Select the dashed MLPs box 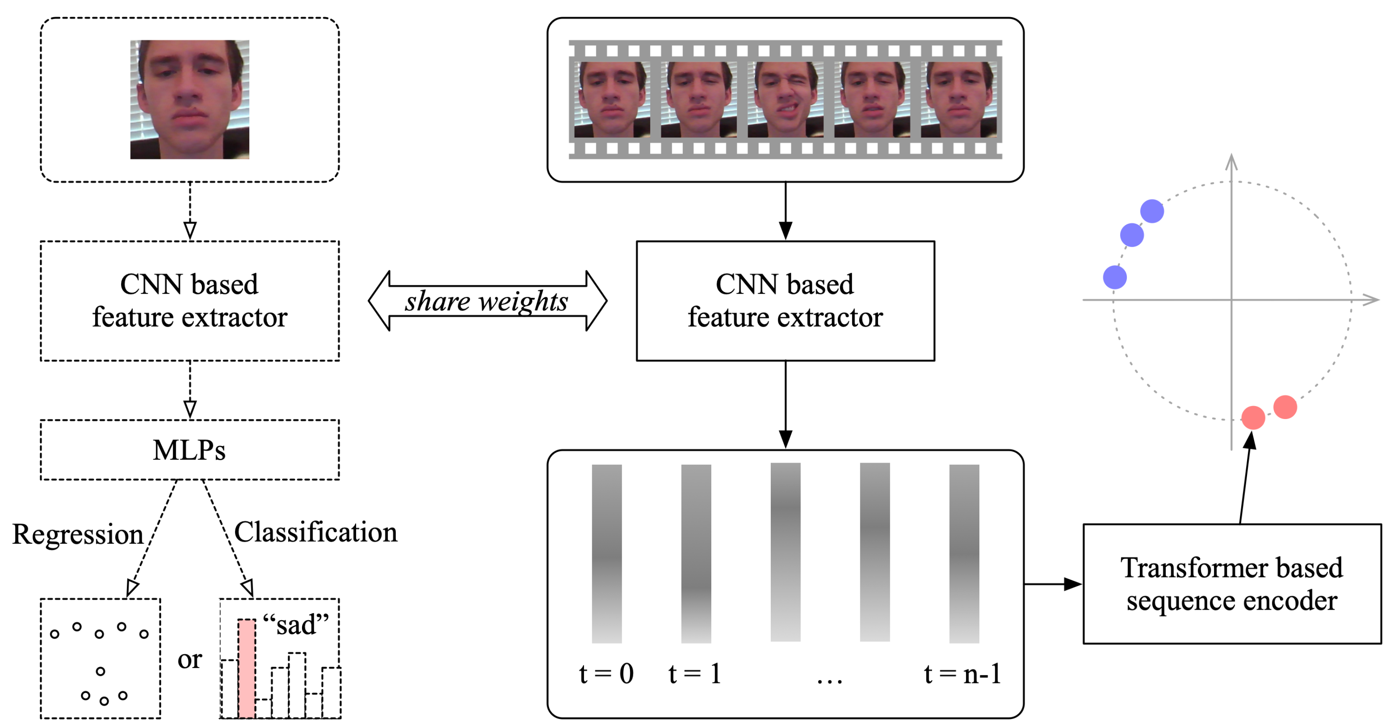pos(189,450)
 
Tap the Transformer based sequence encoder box pos(1232,584)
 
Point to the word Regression pos(77,534)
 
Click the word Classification pos(315,532)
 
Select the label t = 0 pos(606,674)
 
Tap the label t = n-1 pos(962,674)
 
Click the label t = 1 pos(695,674)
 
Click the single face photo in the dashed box pos(189,99)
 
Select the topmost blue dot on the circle pos(1152,211)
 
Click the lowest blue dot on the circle pos(1114,277)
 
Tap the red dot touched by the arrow pos(1253,418)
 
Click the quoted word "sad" pos(296,625)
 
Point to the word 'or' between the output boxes pos(189,659)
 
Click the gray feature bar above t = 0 pos(606,554)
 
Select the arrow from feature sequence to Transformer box pos(1052,584)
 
